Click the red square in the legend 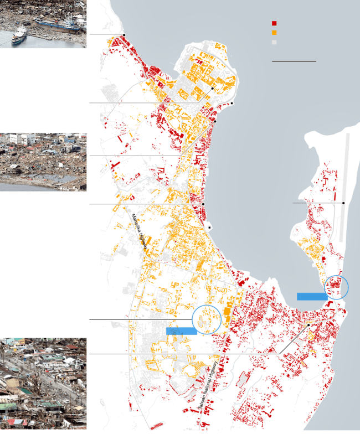click(274, 23)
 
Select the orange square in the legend click(274, 33)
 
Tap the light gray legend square click(274, 42)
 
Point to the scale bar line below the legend click(294, 61)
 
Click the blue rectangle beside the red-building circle click(312, 296)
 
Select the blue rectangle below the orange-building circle click(181, 330)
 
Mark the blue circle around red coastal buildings click(336, 287)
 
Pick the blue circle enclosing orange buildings click(207, 319)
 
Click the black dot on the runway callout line click(343, 203)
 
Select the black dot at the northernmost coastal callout click(124, 35)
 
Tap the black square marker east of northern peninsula click(232, 104)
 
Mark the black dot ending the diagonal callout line click(308, 325)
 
